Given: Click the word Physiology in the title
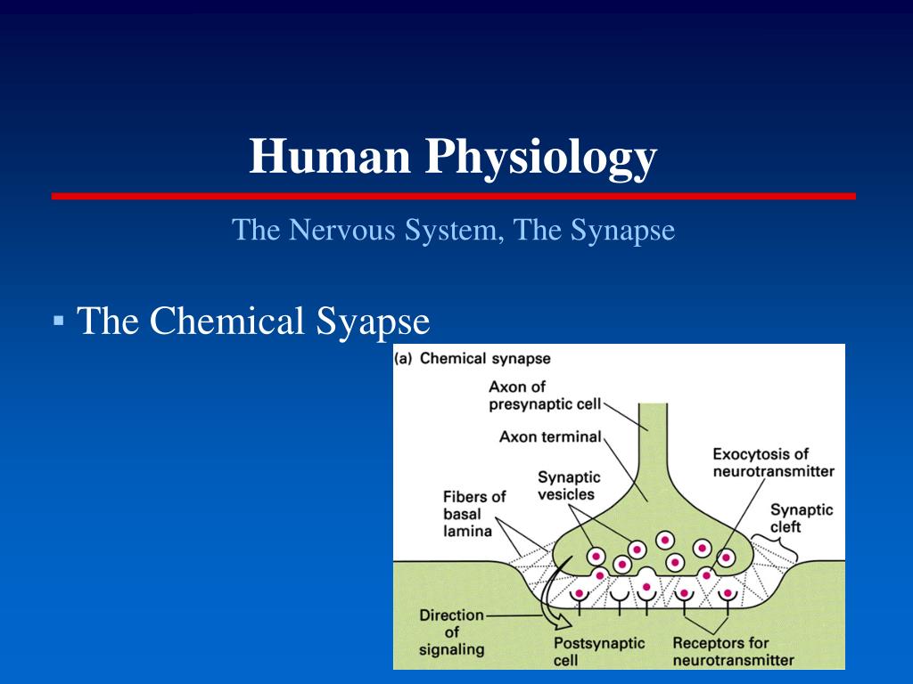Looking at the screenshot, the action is click(x=541, y=158).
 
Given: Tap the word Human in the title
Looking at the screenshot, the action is click(x=330, y=156).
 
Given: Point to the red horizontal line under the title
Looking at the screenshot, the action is click(x=454, y=196).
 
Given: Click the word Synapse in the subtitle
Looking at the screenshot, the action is click(x=622, y=231).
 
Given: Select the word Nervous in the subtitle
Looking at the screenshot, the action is click(x=341, y=230).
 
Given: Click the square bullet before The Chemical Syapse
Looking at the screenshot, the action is click(x=58, y=320).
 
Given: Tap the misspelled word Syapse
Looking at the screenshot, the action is click(x=373, y=322).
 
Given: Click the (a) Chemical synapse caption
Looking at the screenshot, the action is click(x=473, y=358).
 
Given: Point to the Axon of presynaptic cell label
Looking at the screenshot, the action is click(x=545, y=395).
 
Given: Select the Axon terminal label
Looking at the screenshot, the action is click(x=549, y=436).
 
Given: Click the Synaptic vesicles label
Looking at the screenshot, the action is click(x=568, y=485).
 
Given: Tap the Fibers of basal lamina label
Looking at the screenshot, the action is click(x=474, y=514).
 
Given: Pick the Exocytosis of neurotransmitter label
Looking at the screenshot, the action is click(x=773, y=462).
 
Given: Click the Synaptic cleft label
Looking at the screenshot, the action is click(x=802, y=518).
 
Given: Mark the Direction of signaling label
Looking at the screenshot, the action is click(x=451, y=632).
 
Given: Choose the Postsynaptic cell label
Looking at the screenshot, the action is click(x=598, y=651).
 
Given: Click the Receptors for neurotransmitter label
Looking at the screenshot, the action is click(x=733, y=651).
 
